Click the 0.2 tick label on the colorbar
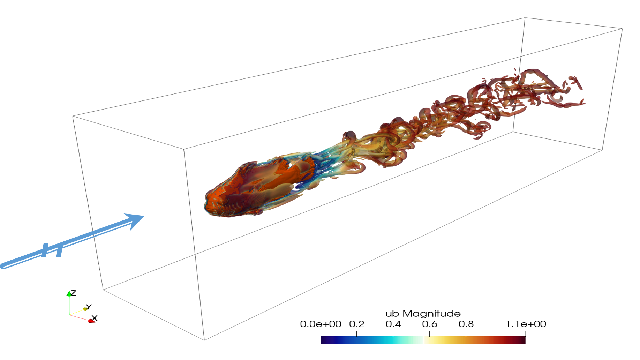(x=357, y=324)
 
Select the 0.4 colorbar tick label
(x=393, y=324)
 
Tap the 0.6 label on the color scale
(x=430, y=324)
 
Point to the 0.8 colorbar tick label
(x=466, y=324)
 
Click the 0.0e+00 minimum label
(x=321, y=324)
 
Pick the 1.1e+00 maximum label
(x=526, y=324)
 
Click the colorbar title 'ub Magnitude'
(x=423, y=314)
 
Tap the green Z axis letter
(x=73, y=293)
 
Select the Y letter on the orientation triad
(x=89, y=307)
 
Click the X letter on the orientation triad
(x=95, y=318)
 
